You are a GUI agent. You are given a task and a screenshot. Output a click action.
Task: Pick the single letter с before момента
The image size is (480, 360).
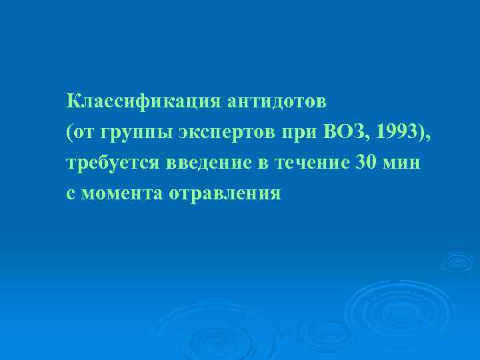(71, 194)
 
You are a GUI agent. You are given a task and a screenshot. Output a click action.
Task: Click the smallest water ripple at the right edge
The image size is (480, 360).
(457, 261)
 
